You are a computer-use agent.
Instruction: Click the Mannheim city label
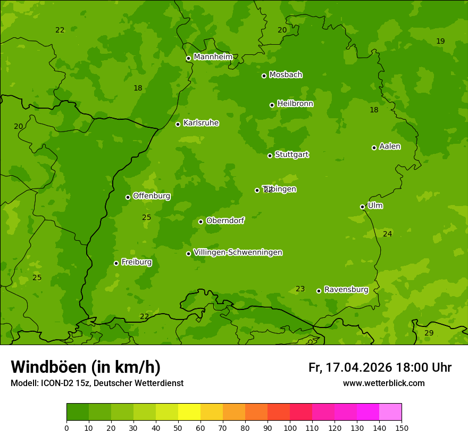(213, 56)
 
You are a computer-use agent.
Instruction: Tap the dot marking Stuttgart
(270, 155)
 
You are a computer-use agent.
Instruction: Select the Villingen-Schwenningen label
(238, 252)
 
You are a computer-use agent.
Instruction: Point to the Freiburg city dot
(116, 263)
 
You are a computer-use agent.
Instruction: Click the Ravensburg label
(346, 290)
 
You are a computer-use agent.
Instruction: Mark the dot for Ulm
(362, 207)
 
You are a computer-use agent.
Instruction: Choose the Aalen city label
(390, 146)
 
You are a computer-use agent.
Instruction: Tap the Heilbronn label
(295, 104)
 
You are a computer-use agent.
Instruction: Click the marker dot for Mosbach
(264, 76)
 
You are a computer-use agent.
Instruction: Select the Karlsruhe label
(201, 123)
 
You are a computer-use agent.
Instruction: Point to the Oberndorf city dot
(200, 222)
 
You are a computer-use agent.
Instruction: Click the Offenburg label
(152, 196)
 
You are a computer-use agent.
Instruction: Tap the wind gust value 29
(429, 333)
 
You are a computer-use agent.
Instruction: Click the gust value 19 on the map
(440, 41)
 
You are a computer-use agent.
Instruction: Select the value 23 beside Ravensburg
(300, 289)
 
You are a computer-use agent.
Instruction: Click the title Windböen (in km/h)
(86, 367)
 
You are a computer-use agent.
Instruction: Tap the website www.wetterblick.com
(383, 383)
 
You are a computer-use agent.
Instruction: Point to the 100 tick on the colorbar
(290, 427)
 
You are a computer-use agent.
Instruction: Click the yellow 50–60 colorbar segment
(189, 412)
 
